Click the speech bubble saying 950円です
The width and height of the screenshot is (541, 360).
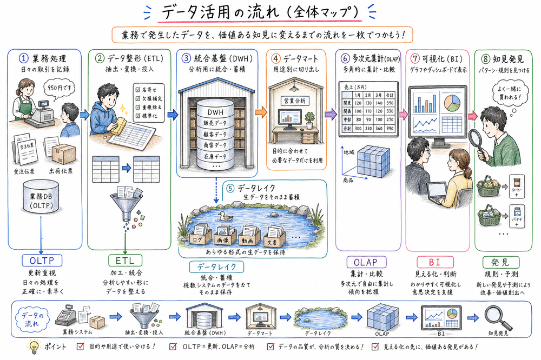pyautogui.click(x=58, y=86)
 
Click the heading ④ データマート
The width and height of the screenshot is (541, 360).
pyautogui.click(x=295, y=58)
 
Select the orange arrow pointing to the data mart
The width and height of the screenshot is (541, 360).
pyautogui.click(x=260, y=111)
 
